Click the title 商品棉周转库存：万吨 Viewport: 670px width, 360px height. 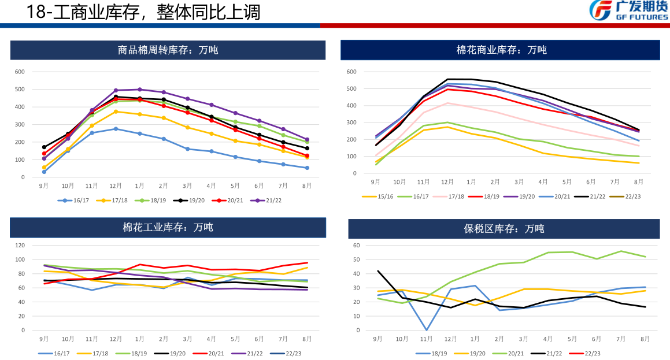coord(168,50)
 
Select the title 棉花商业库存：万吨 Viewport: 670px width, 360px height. coord(501,50)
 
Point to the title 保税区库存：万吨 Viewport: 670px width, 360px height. coord(504,228)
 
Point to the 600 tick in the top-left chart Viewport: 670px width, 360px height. coord(20,72)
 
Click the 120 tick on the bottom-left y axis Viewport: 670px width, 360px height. coord(20,245)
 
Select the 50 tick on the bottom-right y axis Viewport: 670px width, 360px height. coord(357,259)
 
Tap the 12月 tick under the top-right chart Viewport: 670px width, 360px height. coord(448,182)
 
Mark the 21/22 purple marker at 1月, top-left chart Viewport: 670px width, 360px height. coord(139,90)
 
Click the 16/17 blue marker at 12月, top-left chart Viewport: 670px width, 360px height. coord(116,129)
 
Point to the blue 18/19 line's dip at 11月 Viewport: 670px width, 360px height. coord(426,330)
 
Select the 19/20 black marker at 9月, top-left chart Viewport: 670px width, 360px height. coord(44,147)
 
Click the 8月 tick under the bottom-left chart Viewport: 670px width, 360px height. coord(307,339)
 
